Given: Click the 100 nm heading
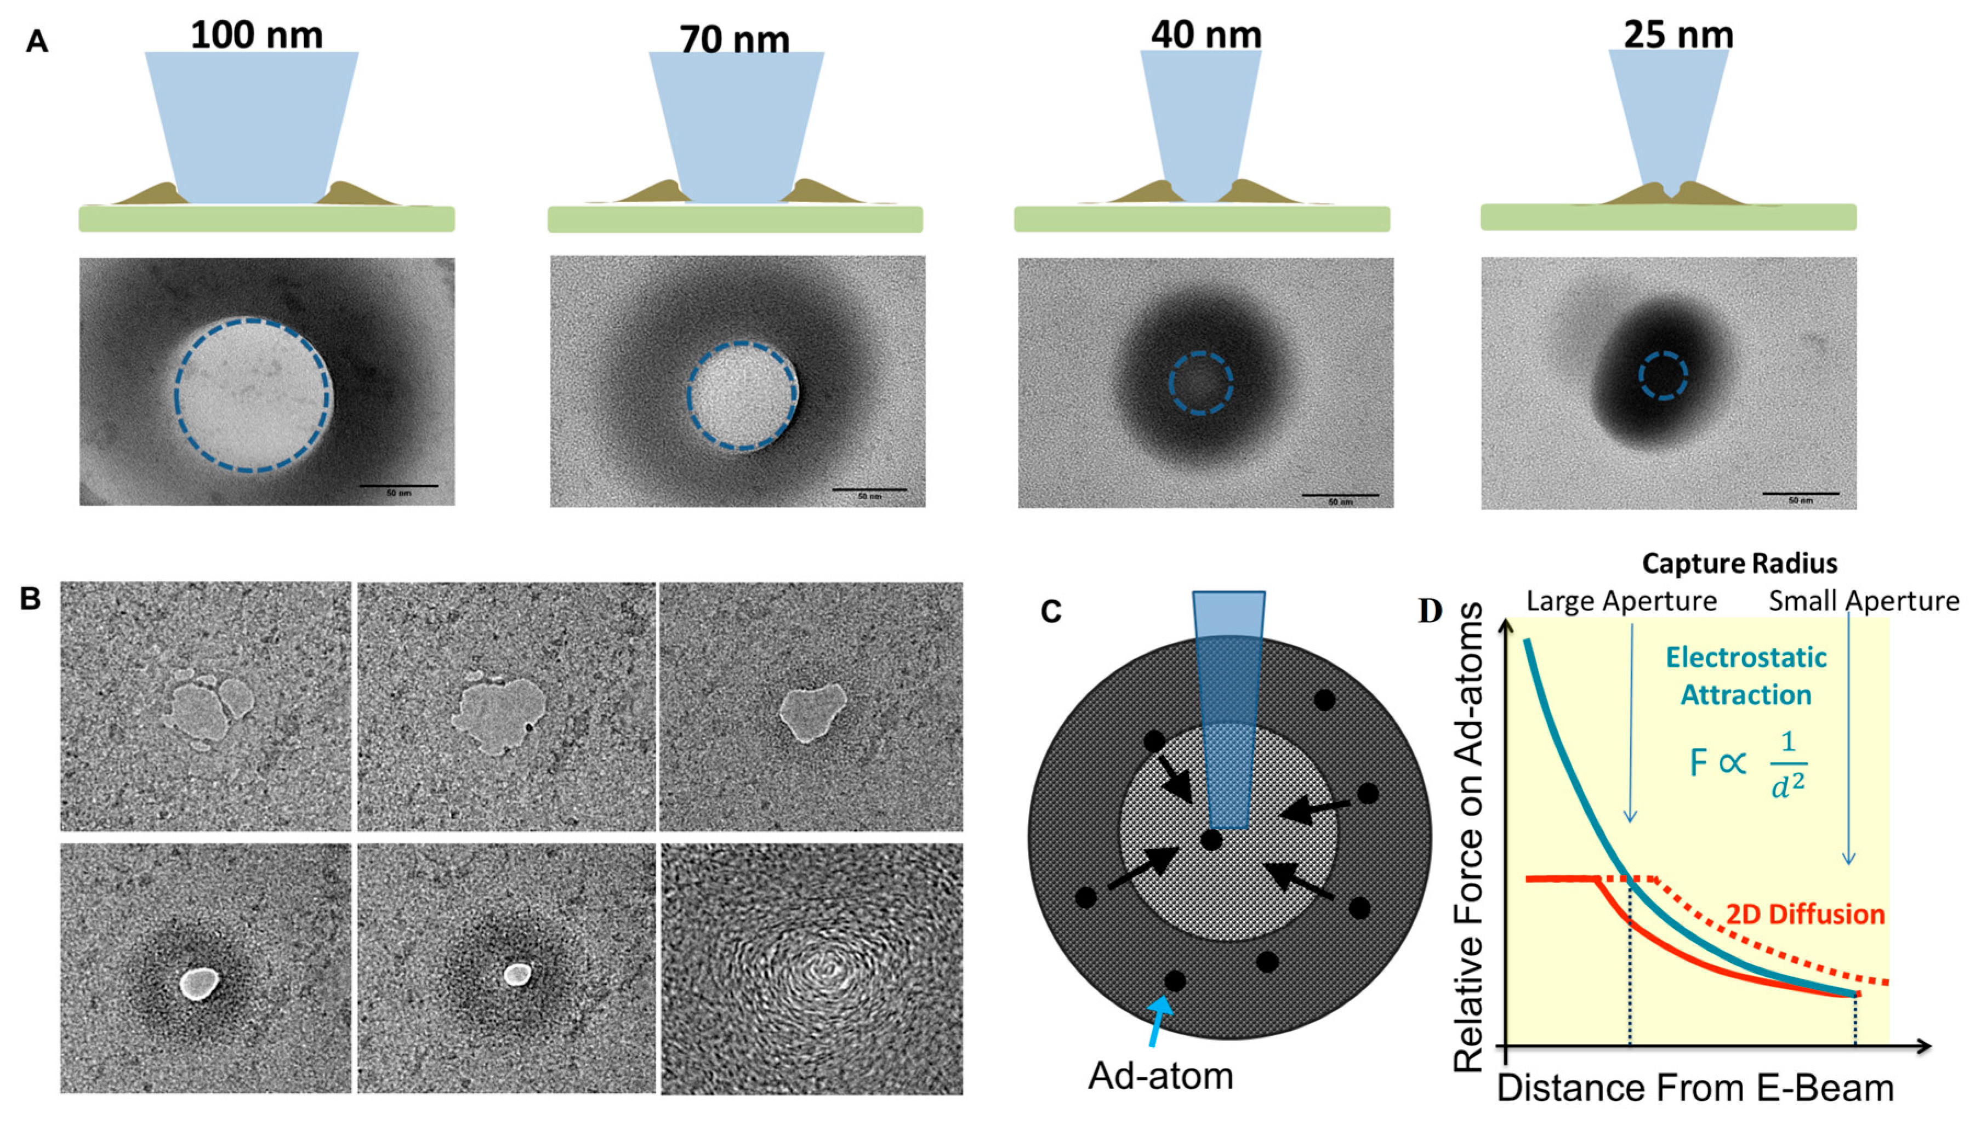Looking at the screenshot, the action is tap(256, 35).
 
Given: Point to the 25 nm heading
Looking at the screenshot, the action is tap(1678, 35).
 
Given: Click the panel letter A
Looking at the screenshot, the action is tap(37, 41).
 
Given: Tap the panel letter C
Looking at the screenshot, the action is tap(1051, 611).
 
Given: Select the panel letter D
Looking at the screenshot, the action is tap(1430, 611).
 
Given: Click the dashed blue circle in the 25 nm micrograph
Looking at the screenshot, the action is tap(1663, 375).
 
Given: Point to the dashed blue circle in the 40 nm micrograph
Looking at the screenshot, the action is tap(1201, 383).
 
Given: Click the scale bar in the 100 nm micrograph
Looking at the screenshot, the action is tap(398, 486).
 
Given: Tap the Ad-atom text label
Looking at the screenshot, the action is tap(1160, 1076).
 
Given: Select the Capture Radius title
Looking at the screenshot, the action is tap(1739, 563).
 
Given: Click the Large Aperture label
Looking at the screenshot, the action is tap(1621, 601).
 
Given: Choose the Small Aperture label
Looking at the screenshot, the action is tap(1863, 601).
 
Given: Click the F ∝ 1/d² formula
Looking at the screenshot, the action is tap(1747, 763).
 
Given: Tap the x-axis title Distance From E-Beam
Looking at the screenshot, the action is tap(1695, 1088).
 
